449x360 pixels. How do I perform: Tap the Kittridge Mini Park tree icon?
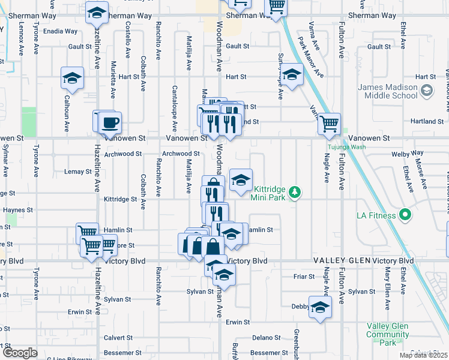294,192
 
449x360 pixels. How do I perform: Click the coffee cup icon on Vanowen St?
110,123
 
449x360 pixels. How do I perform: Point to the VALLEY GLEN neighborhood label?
340,261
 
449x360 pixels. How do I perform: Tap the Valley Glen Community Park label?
388,334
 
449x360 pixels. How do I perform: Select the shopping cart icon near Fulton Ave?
329,124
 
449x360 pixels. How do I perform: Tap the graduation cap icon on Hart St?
292,74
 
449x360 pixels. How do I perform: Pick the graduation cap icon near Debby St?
321,307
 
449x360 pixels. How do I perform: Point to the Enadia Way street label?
60,31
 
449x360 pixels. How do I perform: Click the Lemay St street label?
77,172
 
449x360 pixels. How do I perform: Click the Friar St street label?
304,276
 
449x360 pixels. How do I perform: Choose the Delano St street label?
262,338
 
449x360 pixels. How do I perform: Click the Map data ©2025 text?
424,355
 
